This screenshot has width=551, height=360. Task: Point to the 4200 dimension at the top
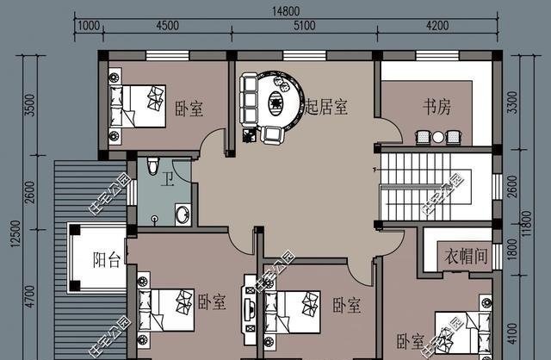(x=436, y=26)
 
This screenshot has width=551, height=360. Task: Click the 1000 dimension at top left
(x=87, y=26)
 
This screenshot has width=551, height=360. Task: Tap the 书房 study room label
(x=436, y=108)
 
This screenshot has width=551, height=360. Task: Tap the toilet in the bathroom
(x=152, y=166)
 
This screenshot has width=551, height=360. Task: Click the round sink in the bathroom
(x=183, y=214)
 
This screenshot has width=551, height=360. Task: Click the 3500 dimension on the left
(x=31, y=108)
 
